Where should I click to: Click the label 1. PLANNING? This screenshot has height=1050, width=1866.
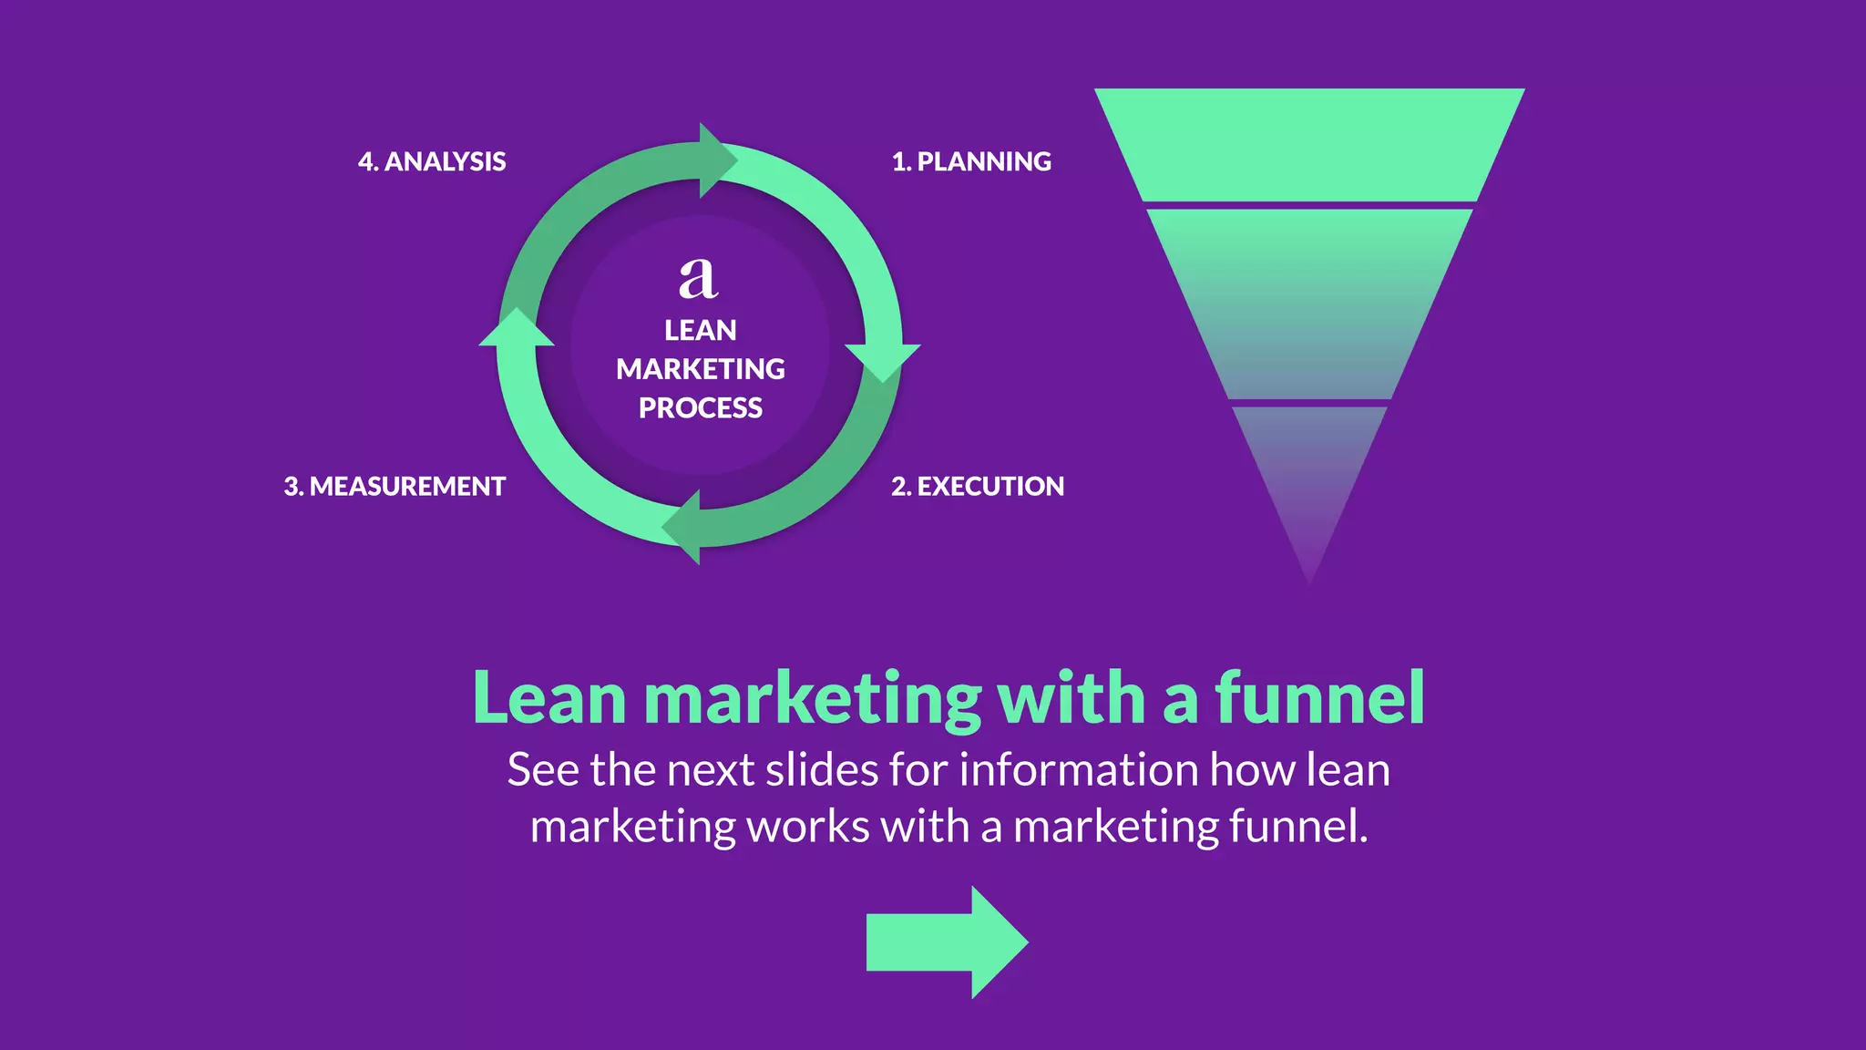[x=971, y=161]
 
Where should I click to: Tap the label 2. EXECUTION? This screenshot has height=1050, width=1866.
[x=978, y=486]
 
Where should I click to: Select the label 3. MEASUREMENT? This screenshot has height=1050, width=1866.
[x=395, y=486]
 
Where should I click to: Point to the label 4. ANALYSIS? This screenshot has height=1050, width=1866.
[x=432, y=161]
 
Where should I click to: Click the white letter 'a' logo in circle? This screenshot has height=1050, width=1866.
[x=699, y=278]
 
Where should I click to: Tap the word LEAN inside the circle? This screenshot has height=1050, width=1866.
[x=700, y=330]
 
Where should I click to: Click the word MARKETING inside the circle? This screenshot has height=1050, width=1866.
[x=700, y=369]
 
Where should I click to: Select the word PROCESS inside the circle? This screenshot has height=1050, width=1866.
[x=700, y=407]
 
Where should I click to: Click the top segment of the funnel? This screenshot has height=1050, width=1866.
[x=1309, y=144]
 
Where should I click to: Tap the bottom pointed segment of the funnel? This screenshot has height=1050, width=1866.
[x=1309, y=474]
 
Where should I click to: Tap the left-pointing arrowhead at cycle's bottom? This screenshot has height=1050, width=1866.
[x=683, y=527]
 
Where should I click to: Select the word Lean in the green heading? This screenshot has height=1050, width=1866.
[x=549, y=698]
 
